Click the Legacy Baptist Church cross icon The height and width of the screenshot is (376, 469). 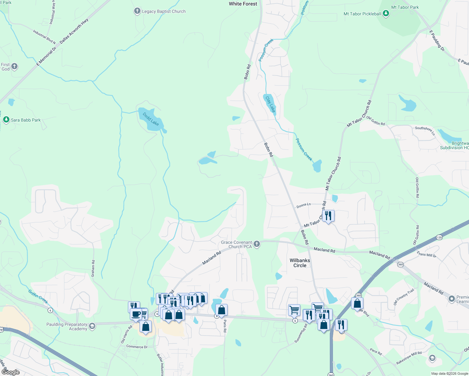137,11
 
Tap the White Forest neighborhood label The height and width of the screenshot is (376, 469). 243,4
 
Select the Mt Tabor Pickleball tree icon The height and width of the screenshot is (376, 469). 386,13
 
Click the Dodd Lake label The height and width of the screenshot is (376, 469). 151,119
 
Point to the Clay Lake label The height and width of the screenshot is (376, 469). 270,104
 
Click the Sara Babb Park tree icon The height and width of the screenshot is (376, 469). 6,120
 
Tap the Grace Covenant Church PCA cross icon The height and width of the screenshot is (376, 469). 257,244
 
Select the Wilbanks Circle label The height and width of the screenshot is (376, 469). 300,263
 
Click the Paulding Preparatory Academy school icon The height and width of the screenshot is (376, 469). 92,326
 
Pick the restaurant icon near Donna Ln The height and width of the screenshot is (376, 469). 328,216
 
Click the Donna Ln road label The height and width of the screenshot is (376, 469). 303,205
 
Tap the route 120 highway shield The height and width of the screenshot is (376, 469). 439,238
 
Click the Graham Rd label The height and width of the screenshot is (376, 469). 93,269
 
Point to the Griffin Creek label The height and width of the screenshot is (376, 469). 38,296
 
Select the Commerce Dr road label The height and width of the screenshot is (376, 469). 137,347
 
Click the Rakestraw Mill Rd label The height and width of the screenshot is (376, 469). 409,358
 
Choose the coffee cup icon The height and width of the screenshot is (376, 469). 136,314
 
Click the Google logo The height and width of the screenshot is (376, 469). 11,372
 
